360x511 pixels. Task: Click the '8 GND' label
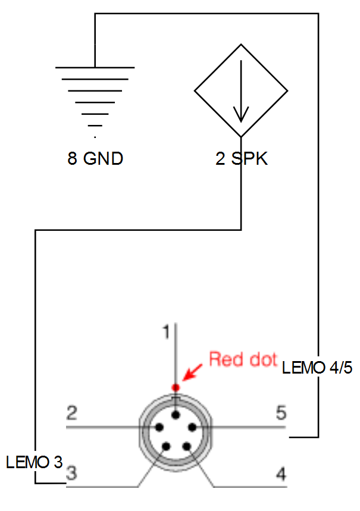point(95,159)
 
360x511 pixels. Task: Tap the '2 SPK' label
point(242,159)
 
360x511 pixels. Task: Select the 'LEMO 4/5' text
point(317,368)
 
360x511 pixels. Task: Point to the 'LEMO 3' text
point(34,461)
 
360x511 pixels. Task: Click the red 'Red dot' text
point(243,359)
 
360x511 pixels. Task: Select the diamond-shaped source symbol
point(241,90)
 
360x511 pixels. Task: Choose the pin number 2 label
point(72,412)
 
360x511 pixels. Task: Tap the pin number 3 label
point(71,474)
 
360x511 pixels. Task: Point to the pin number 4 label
point(281,474)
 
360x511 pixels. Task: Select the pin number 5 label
point(281,412)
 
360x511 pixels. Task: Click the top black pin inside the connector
point(176,414)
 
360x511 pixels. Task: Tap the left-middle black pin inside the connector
point(159,427)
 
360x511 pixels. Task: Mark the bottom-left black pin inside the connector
point(166,446)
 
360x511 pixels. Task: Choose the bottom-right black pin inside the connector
point(186,446)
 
